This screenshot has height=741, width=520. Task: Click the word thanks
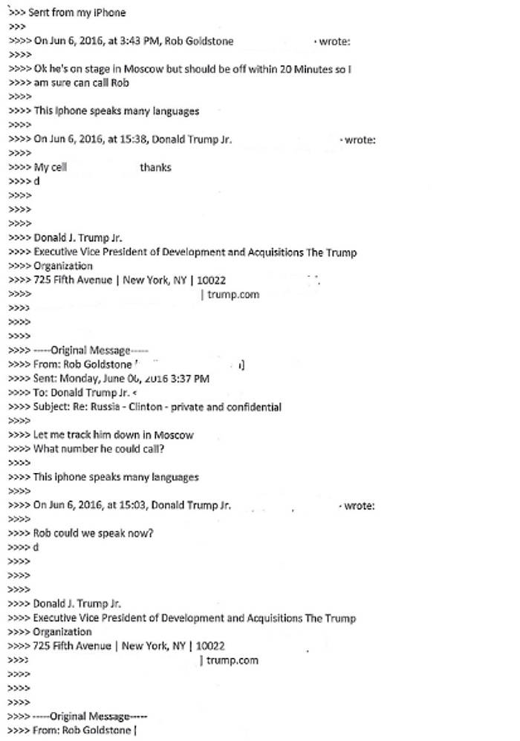click(155, 167)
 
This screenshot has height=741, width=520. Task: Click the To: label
click(42, 392)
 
